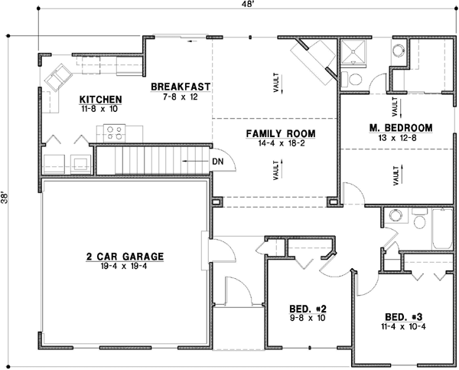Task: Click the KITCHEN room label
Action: [x=101, y=100]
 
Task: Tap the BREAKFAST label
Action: [x=180, y=87]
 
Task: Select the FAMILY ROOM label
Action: [x=280, y=133]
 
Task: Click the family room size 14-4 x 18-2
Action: [x=280, y=143]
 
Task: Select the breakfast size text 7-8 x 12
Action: [x=180, y=97]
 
